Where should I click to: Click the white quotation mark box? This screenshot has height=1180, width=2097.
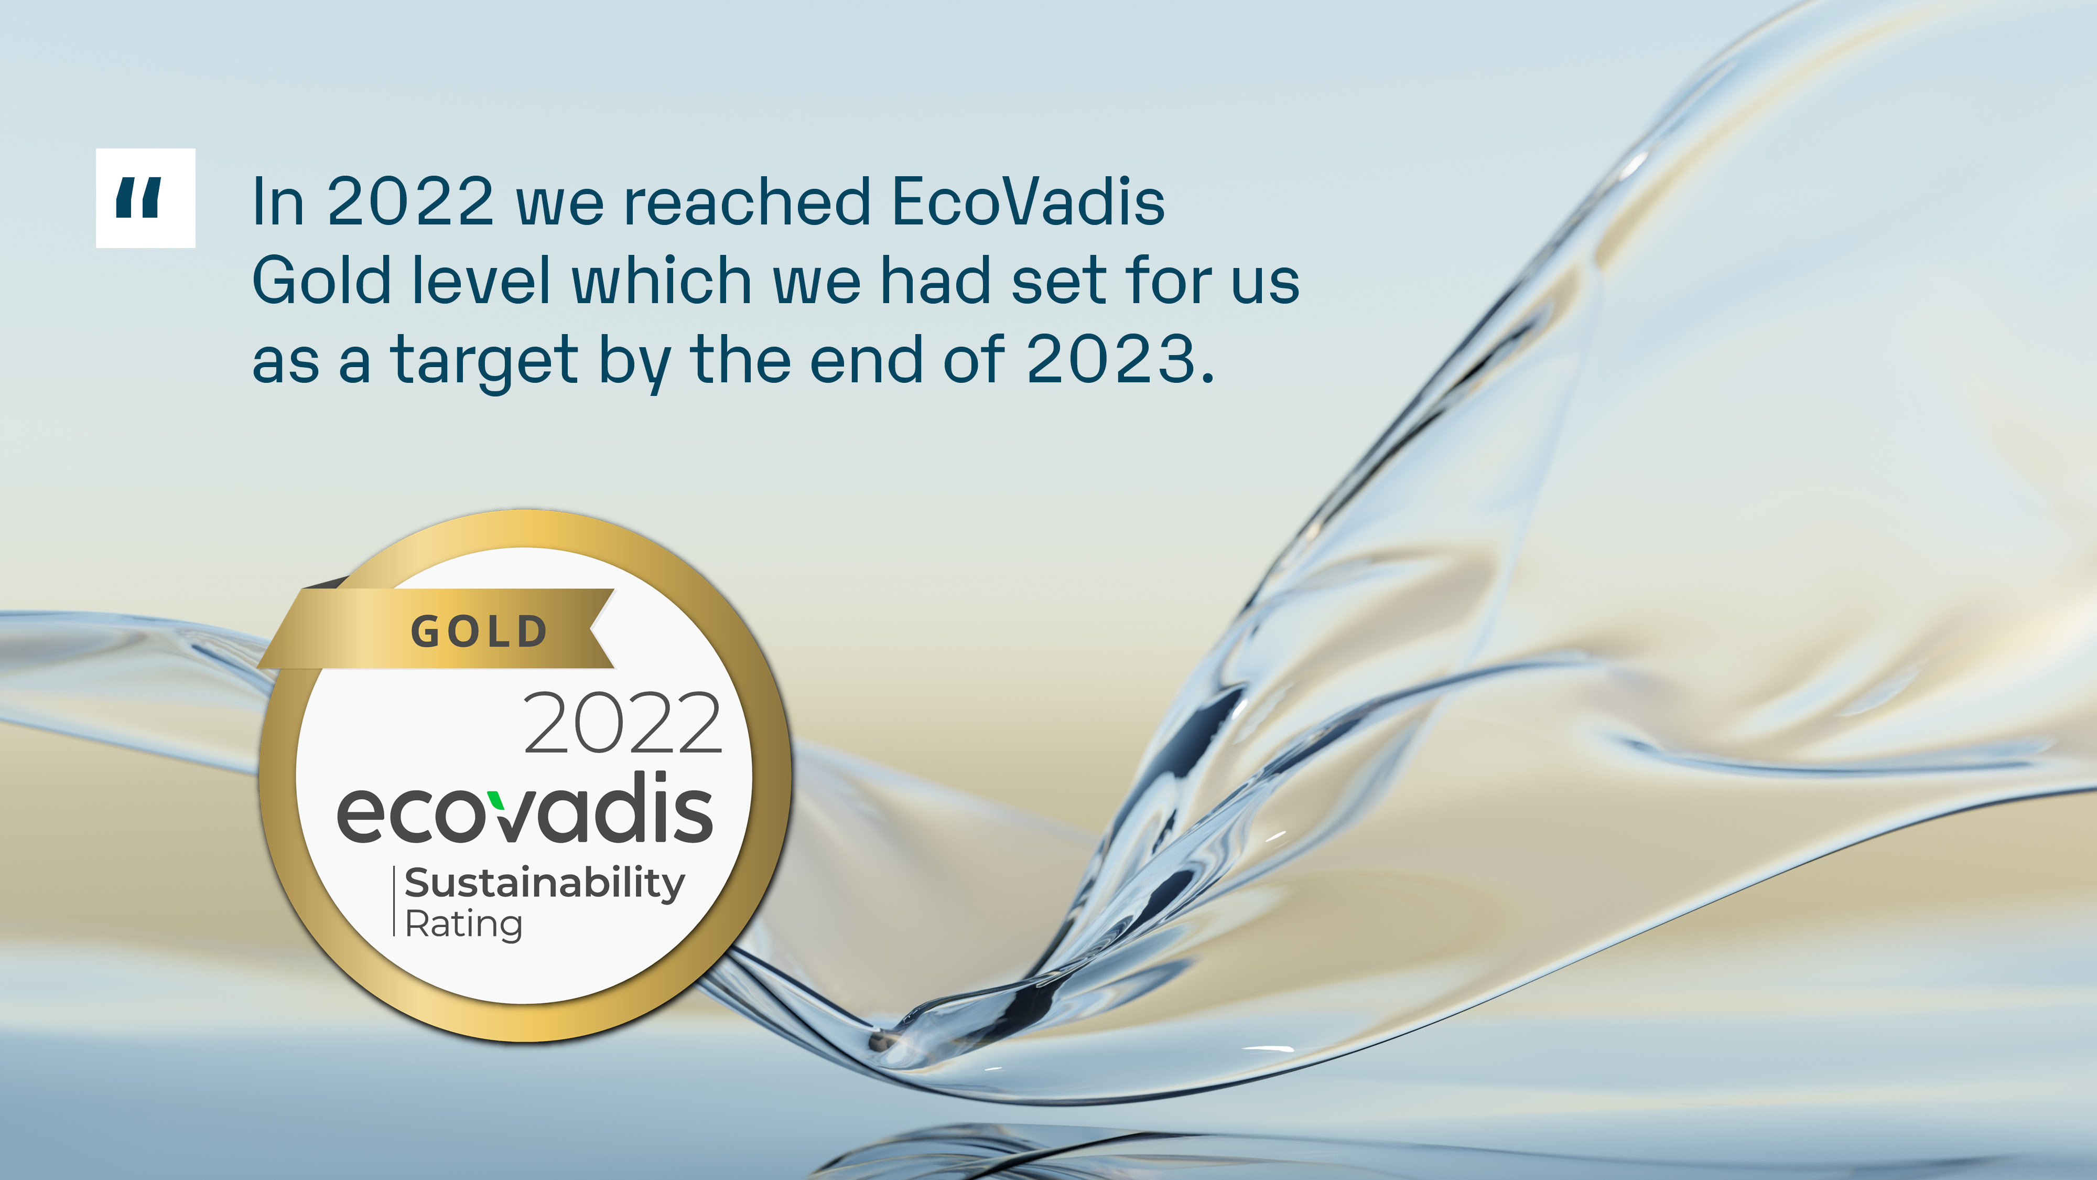[x=146, y=198]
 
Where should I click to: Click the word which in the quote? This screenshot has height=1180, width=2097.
[x=662, y=280]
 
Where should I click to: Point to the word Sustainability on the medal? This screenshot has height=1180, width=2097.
[x=545, y=884]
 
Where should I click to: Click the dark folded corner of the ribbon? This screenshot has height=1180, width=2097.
[x=326, y=582]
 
